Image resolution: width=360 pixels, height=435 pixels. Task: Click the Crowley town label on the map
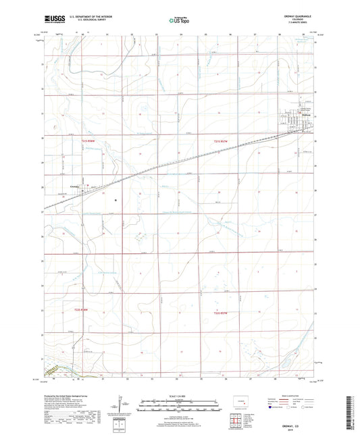tap(75, 186)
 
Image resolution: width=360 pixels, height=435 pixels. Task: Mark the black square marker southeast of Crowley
tap(115, 201)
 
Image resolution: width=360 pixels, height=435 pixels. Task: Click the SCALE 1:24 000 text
tap(180, 396)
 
